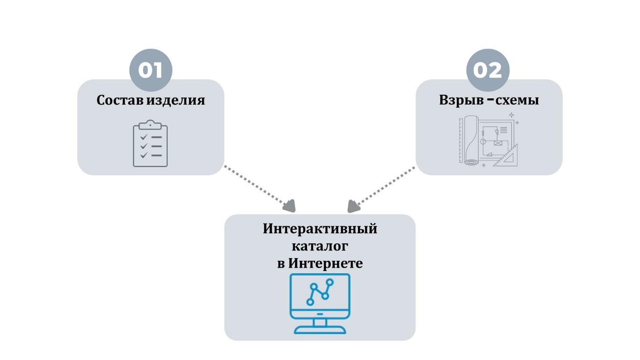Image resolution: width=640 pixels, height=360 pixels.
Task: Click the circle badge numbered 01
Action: coord(151,70)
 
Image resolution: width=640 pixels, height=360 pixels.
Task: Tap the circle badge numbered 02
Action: coord(488,70)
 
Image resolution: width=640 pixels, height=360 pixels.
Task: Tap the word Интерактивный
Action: coord(320,229)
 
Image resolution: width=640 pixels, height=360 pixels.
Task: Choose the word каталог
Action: coord(320,246)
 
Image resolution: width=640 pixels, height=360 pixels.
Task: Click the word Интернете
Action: coord(325,263)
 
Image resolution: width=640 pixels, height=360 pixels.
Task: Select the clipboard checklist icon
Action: coord(150,144)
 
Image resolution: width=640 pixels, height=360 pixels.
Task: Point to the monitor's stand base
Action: coord(320,330)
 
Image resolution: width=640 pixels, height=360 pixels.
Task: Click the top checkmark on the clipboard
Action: coord(144,136)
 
